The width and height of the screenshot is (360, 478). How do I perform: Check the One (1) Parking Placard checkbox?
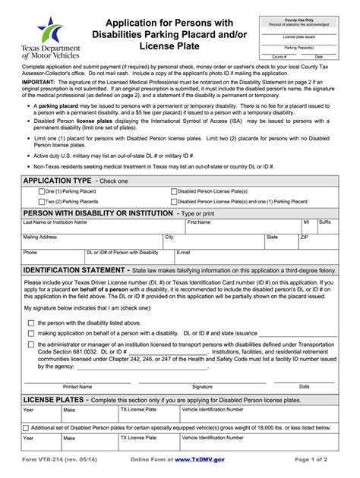tap(42, 192)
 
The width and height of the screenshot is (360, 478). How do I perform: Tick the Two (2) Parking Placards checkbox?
tap(42, 202)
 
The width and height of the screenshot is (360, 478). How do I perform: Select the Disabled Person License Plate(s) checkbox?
tap(174, 192)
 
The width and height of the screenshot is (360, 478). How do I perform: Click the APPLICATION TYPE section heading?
tap(58, 181)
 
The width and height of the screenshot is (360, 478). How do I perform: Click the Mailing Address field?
tap(91, 242)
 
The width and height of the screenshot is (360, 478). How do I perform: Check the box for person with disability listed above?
tap(30, 322)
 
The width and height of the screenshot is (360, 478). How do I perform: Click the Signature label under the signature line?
tap(202, 386)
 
